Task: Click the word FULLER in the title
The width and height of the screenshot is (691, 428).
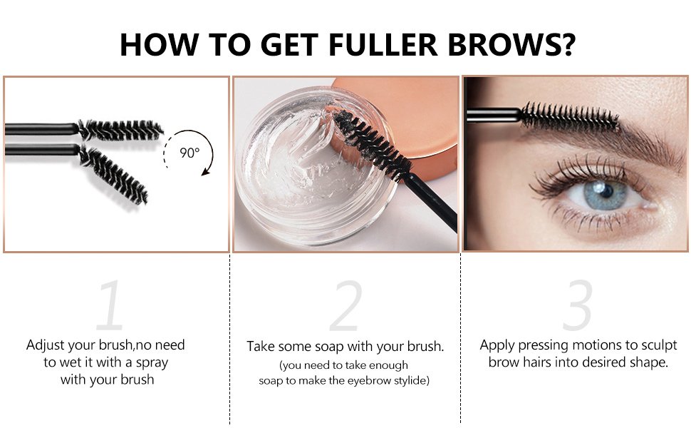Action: tap(383, 44)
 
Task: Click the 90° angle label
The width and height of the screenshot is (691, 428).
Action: tap(189, 153)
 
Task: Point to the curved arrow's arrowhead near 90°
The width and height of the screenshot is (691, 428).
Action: tap(205, 172)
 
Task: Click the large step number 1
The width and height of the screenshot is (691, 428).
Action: tap(110, 305)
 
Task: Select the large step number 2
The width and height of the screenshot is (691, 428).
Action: tap(346, 305)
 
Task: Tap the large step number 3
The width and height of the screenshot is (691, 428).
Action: tap(577, 305)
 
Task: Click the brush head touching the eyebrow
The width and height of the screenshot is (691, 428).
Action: tap(569, 117)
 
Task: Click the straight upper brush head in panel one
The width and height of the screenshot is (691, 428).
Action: tap(120, 130)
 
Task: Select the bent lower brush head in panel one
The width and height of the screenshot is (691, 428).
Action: tap(113, 174)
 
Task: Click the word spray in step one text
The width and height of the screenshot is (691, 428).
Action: tap(152, 362)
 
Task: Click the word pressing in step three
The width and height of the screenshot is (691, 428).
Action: tap(543, 345)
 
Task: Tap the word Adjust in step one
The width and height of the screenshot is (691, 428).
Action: tap(46, 345)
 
